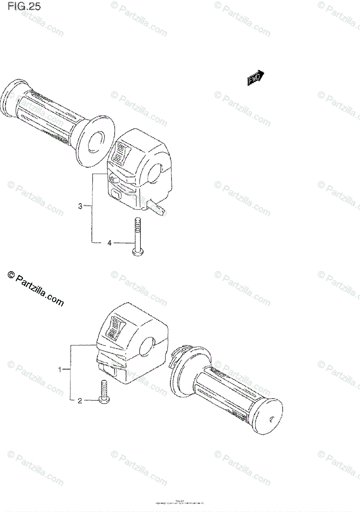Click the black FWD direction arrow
click(x=255, y=78)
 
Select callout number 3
click(x=80, y=207)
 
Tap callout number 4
click(x=109, y=243)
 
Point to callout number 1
click(x=60, y=369)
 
